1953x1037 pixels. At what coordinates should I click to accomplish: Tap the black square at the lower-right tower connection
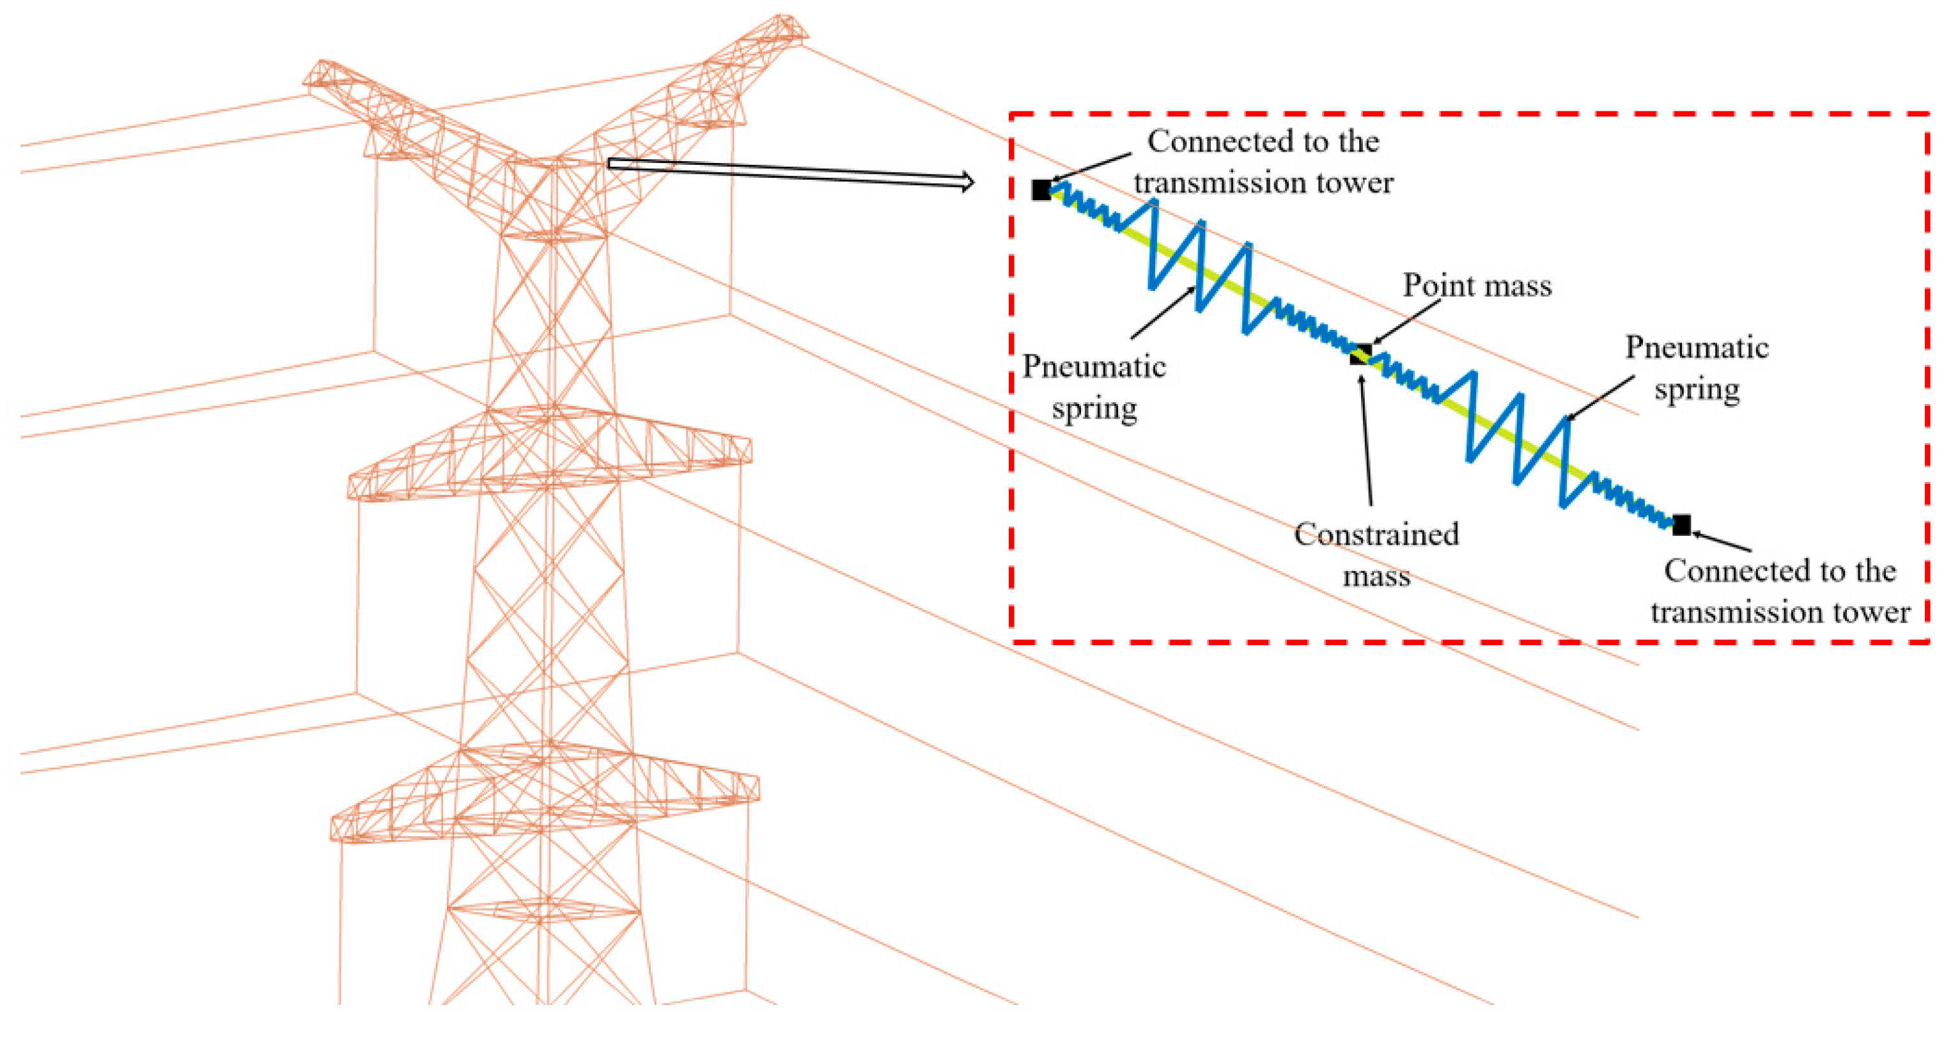coord(1681,524)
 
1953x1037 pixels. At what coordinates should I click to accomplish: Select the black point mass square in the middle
coord(1361,355)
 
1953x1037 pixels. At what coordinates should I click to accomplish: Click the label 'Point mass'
coord(1477,286)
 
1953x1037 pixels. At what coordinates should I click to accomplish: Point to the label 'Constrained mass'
coord(1376,555)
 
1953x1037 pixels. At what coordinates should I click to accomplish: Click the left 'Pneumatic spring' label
coord(1094,387)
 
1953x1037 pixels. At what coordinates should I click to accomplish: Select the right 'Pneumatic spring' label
coord(1697,368)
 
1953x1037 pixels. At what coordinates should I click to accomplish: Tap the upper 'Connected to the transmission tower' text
coord(1263,162)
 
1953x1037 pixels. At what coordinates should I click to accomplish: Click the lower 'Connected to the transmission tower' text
coord(1780,591)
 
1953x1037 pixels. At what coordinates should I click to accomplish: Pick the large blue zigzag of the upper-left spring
coord(1198,265)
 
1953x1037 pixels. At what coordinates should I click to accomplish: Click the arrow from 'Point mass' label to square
coord(1406,322)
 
